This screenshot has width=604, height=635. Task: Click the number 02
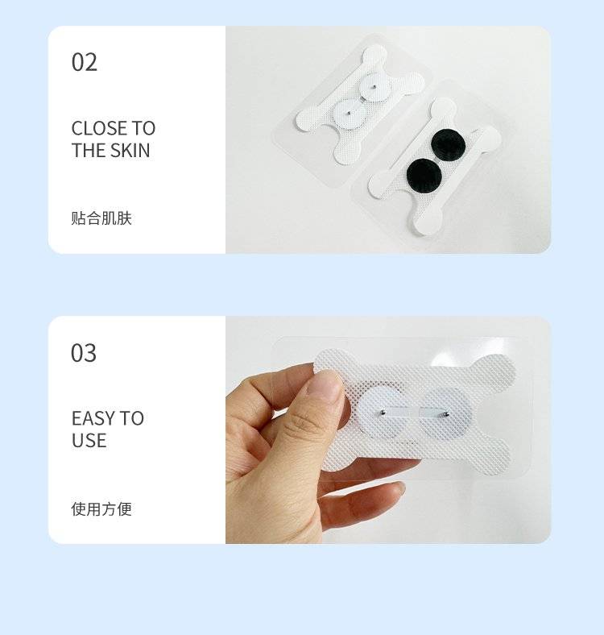click(x=85, y=62)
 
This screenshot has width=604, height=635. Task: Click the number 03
click(x=84, y=353)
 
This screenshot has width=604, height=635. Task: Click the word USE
click(x=89, y=440)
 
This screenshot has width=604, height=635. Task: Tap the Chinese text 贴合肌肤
click(x=101, y=218)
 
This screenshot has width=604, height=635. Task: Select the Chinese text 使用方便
click(x=101, y=509)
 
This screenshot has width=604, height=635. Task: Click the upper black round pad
click(x=448, y=144)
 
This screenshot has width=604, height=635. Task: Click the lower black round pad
click(x=424, y=176)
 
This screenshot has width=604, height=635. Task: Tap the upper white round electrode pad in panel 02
click(x=375, y=87)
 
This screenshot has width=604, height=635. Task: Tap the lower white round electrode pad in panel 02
click(x=349, y=113)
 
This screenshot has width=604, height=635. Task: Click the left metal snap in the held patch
click(x=383, y=413)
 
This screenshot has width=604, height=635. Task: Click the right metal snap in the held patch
click(x=446, y=414)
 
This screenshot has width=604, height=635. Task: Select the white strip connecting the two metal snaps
click(x=414, y=413)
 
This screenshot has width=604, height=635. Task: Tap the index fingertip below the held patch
click(x=395, y=488)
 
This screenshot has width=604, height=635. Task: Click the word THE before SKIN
click(x=89, y=150)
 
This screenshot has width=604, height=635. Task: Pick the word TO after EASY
click(x=131, y=418)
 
